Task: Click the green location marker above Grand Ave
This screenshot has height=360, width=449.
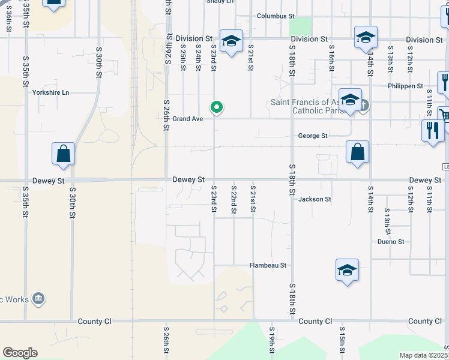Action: click(x=217, y=107)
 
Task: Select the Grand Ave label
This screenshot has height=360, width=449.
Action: click(x=188, y=119)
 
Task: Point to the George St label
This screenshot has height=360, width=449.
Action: click(x=313, y=136)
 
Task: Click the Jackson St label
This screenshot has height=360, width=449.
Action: click(x=315, y=199)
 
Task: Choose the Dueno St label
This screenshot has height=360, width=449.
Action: click(x=391, y=242)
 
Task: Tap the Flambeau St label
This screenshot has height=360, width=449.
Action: click(x=268, y=265)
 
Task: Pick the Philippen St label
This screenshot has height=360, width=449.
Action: click(x=405, y=86)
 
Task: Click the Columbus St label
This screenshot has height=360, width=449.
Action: click(x=276, y=17)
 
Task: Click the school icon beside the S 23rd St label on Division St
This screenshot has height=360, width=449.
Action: click(x=231, y=41)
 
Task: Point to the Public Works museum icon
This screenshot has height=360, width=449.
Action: click(x=38, y=298)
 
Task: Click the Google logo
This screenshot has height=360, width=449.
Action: click(x=20, y=353)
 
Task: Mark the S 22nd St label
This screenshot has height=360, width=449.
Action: click(x=234, y=199)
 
